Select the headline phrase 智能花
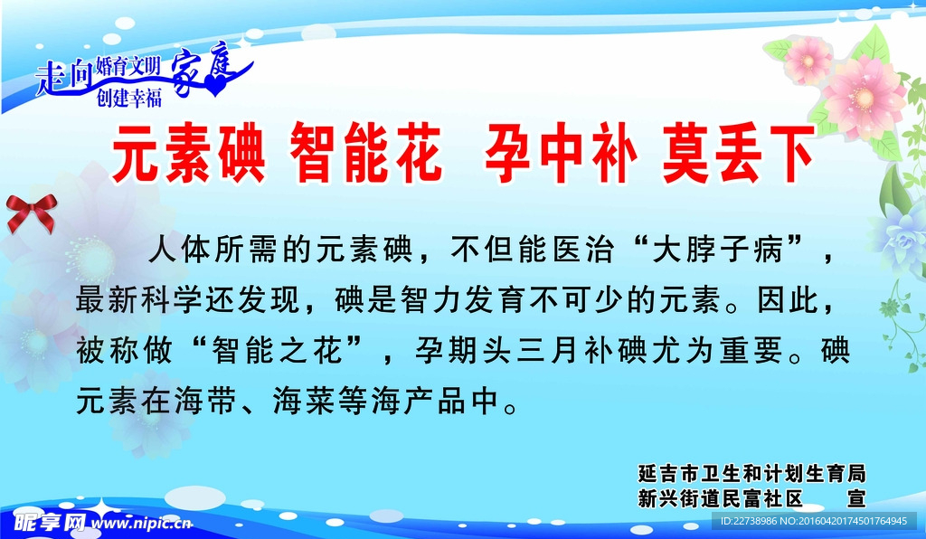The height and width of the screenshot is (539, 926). (365, 156)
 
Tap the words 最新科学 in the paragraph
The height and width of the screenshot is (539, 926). (132, 299)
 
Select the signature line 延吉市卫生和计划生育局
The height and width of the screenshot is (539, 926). (751, 474)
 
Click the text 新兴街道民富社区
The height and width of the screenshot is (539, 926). (720, 498)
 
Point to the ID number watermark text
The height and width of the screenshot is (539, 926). (813, 521)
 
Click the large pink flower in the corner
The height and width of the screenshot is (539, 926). (863, 95)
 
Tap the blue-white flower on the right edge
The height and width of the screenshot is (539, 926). (901, 235)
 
